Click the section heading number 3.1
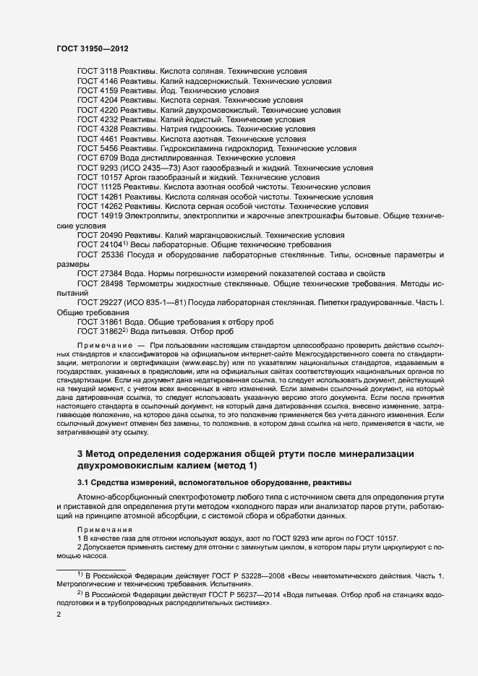[x=83, y=482]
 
